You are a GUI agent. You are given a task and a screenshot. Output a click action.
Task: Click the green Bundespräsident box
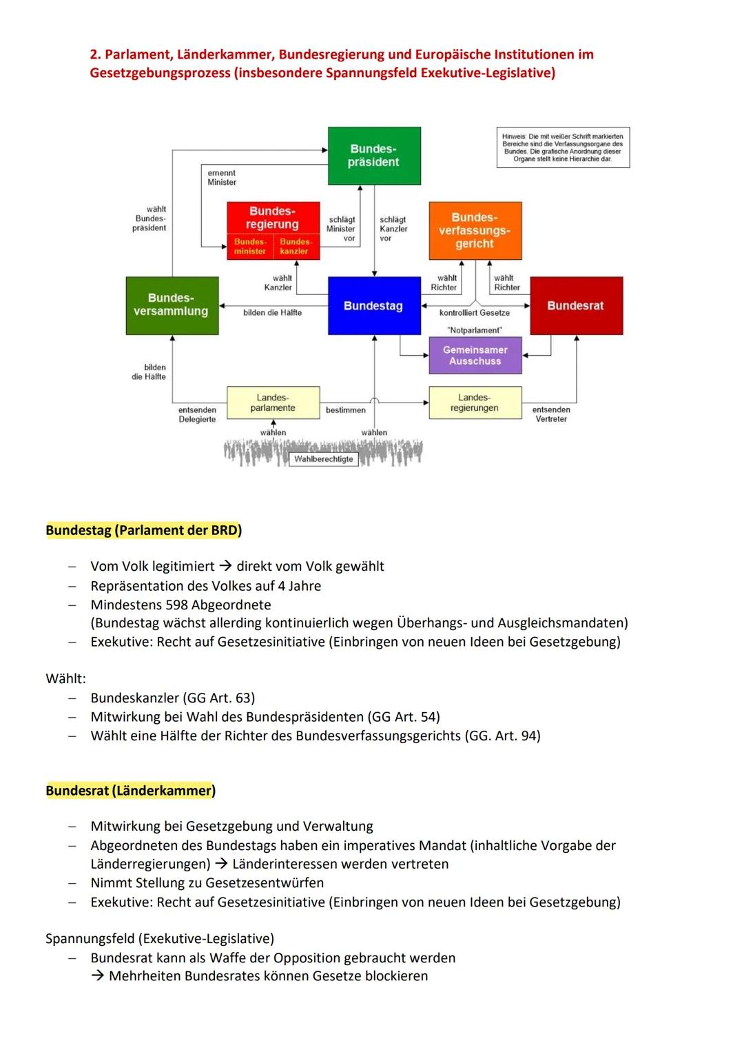[x=374, y=156]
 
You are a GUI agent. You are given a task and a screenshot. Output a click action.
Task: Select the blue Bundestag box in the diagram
[x=374, y=306]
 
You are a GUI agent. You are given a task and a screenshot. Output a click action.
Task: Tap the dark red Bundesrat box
[x=576, y=306]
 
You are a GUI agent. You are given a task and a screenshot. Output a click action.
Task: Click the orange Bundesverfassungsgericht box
[x=475, y=230]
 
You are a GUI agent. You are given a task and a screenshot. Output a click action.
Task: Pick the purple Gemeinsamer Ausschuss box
[x=475, y=356]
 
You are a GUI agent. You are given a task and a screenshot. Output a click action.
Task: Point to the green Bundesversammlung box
[x=172, y=305]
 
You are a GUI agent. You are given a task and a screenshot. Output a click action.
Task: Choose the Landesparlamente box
[x=273, y=403]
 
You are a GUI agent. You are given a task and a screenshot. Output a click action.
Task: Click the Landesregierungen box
[x=475, y=403]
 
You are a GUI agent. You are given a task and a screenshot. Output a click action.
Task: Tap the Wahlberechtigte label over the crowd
[x=323, y=459]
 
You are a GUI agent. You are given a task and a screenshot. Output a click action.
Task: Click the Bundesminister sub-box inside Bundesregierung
[x=250, y=247]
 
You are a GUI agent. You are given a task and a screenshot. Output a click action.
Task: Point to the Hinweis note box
[x=563, y=148]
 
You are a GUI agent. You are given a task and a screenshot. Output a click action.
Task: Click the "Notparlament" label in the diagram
[x=475, y=330]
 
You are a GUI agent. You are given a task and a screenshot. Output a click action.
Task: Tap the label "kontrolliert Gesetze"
[x=475, y=313]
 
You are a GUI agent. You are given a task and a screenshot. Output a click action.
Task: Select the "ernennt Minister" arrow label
[x=222, y=178]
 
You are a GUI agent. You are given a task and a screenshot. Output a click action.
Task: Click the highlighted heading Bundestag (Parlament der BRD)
[x=143, y=530]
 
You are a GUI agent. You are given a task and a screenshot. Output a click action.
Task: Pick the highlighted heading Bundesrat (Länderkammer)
[x=130, y=791]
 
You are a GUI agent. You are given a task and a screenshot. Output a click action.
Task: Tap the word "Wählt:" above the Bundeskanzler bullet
[x=65, y=678]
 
